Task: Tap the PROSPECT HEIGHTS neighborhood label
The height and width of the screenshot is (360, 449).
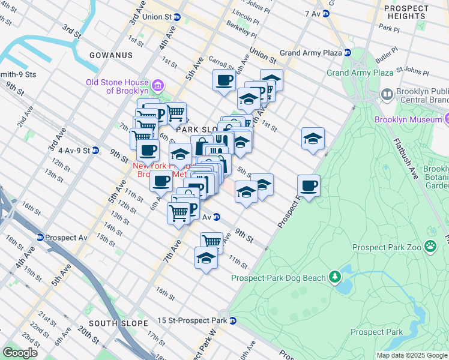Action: (406, 12)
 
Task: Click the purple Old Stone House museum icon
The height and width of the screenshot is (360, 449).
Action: (158, 85)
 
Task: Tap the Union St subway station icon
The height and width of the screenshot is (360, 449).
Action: (177, 17)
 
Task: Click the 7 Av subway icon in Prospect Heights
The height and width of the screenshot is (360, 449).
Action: (326, 13)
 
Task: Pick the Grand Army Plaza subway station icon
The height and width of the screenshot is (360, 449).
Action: (347, 53)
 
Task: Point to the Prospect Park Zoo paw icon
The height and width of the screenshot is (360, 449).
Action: (430, 246)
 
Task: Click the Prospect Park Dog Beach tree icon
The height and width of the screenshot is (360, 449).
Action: (334, 277)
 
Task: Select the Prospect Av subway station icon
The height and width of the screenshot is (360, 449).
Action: (40, 238)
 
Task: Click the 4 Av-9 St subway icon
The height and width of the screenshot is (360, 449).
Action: (95, 150)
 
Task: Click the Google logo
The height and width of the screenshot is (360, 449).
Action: (20, 353)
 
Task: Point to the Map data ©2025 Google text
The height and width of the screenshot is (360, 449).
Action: (411, 355)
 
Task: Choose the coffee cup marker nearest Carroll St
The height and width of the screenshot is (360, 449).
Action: (224, 79)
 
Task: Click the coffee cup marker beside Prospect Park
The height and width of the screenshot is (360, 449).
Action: (309, 185)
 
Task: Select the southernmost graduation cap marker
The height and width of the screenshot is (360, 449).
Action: (205, 257)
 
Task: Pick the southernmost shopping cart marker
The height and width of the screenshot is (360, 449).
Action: (211, 242)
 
